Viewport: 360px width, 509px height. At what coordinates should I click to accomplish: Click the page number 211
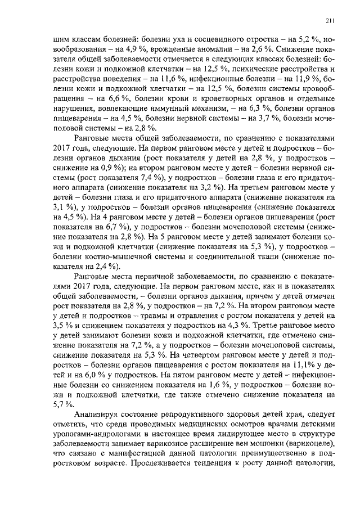pyautogui.click(x=331, y=21)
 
